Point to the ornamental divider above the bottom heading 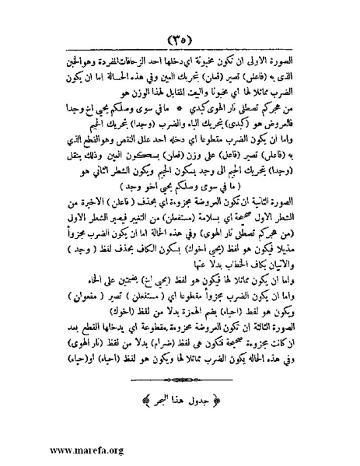point(180,381)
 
